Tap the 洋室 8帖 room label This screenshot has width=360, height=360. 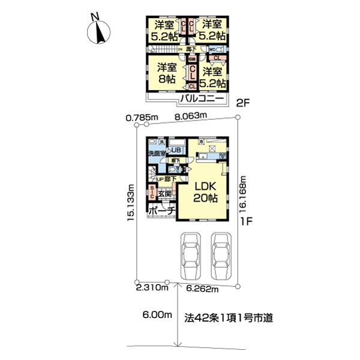coord(167,73)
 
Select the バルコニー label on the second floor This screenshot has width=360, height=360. coord(200,99)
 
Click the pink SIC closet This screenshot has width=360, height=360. coord(152,192)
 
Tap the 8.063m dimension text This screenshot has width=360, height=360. coord(190,116)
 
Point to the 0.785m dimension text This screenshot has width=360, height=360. coord(142,117)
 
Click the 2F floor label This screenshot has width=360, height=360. coord(243,103)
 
